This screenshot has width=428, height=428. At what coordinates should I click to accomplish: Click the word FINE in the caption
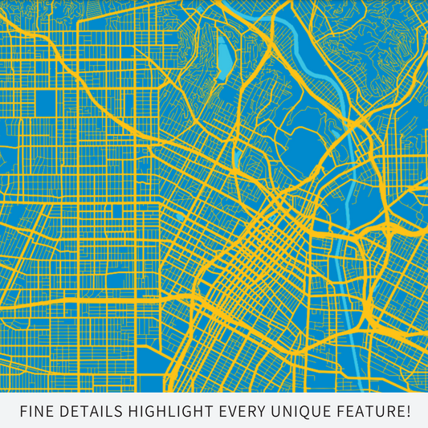35,412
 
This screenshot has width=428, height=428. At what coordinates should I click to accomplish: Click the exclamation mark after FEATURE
407,412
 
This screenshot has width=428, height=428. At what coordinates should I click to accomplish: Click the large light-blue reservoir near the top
225,56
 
